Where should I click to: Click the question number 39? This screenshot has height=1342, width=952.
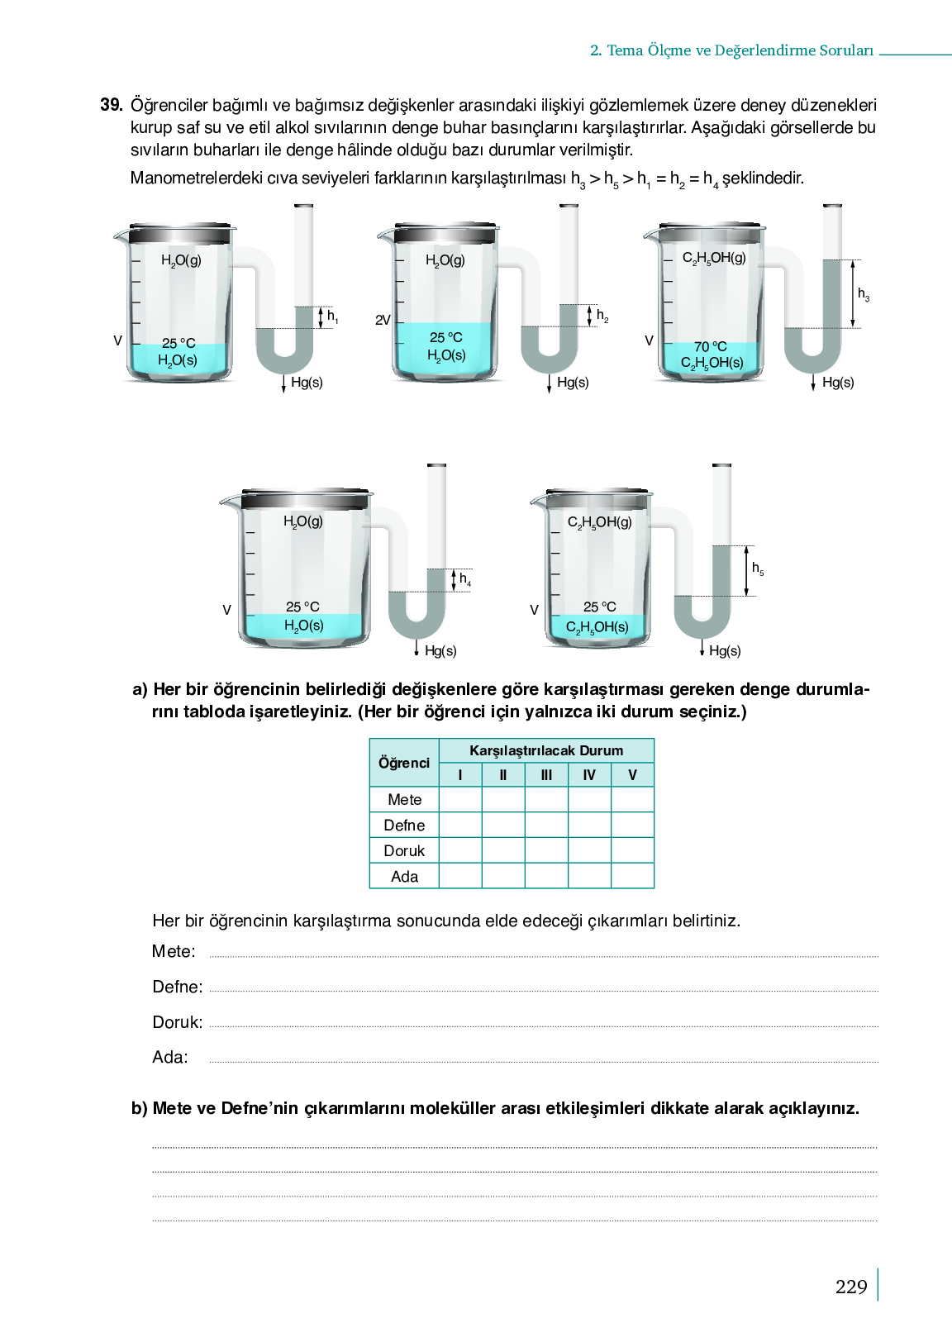click(x=111, y=105)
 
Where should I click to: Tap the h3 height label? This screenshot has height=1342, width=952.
click(x=864, y=294)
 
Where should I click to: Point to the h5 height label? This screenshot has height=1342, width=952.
click(x=758, y=569)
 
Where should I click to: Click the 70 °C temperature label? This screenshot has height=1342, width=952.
click(x=710, y=346)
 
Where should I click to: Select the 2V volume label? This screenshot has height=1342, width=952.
click(x=383, y=320)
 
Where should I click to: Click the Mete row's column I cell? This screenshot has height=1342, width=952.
click(x=460, y=799)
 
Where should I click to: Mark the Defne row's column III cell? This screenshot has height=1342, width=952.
click(x=546, y=825)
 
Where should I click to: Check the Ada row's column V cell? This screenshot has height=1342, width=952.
click(x=632, y=876)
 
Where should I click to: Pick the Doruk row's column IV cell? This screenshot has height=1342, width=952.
click(x=589, y=850)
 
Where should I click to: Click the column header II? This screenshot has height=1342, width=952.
click(x=503, y=775)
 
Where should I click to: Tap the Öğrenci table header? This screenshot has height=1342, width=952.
click(x=404, y=763)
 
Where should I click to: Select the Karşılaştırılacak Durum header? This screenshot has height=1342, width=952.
click(x=546, y=750)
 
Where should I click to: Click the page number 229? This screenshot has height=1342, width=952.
click(x=851, y=1287)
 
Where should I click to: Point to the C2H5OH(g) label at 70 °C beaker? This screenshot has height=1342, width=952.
click(x=714, y=258)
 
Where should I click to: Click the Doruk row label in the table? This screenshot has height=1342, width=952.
click(x=404, y=850)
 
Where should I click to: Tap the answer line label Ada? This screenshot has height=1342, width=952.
click(x=170, y=1057)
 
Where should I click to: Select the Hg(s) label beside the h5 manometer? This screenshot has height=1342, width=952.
click(x=725, y=650)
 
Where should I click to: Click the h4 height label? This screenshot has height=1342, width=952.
click(x=465, y=579)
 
